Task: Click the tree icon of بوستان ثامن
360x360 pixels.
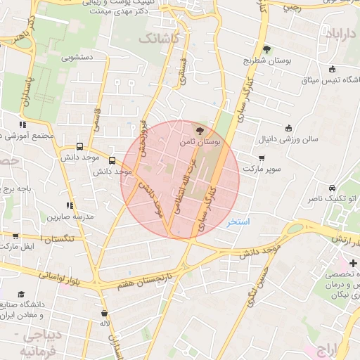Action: tap(199, 130)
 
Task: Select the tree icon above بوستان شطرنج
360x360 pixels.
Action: tap(266, 49)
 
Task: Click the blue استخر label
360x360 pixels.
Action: tap(238, 221)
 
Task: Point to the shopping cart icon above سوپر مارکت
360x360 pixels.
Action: tap(262, 157)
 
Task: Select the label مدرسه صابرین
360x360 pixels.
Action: tap(70, 217)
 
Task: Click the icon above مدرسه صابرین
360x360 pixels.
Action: tap(69, 205)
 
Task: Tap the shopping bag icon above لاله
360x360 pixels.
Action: tap(105, 313)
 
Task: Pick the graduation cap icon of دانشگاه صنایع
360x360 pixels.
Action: tap(21, 294)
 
